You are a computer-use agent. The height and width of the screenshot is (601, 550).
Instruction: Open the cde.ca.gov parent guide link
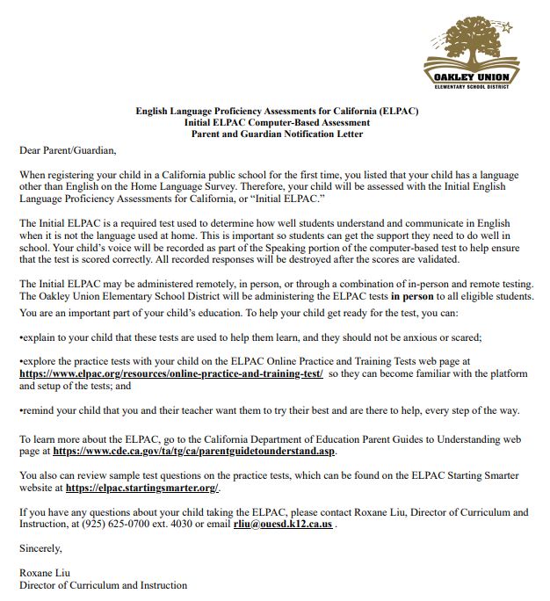[x=194, y=451]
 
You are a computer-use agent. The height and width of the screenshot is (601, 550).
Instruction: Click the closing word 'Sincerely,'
[x=41, y=548]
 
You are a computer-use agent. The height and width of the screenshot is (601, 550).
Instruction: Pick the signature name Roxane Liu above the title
[x=44, y=573]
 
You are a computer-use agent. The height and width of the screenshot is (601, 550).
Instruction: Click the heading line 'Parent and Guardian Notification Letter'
[x=277, y=134]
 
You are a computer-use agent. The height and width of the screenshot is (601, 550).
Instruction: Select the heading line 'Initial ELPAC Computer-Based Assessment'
[x=277, y=123]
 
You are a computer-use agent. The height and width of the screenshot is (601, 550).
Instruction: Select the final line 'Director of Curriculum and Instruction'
[x=103, y=585]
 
